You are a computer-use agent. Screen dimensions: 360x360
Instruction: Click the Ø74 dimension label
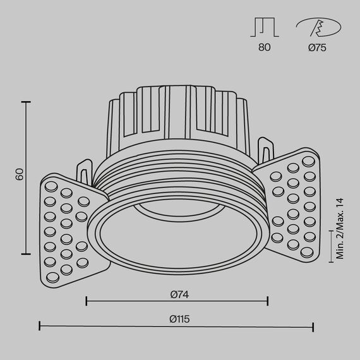[x=179, y=294]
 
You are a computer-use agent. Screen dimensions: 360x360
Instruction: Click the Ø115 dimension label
[x=179, y=319]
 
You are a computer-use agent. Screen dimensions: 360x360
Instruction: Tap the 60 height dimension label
[x=20, y=174]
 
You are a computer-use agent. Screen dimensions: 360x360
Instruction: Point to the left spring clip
[x=84, y=172]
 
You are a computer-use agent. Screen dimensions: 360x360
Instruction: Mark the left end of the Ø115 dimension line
[x=40, y=327]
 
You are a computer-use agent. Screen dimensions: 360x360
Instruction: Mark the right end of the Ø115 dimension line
[x=314, y=327]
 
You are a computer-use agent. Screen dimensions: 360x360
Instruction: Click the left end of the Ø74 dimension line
[x=86, y=301]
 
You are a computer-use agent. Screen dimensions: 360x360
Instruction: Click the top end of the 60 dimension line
[x=27, y=101]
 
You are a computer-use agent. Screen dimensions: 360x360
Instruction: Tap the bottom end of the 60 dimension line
[x=27, y=253]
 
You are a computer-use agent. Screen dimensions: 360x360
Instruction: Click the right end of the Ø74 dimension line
[x=268, y=301]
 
